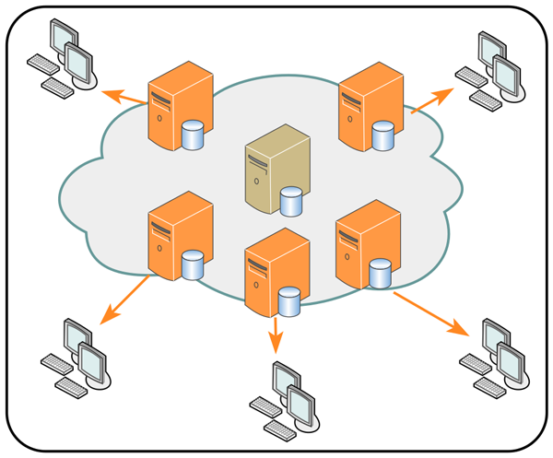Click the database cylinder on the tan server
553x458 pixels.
click(292, 201)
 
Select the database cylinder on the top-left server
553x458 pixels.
click(193, 135)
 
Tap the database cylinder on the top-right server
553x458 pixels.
click(382, 137)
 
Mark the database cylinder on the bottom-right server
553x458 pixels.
click(379, 273)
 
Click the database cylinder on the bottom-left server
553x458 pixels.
click(192, 265)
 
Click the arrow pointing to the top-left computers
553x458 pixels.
click(123, 95)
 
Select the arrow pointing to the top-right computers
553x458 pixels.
click(431, 100)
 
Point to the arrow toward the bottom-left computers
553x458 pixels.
click(124, 299)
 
